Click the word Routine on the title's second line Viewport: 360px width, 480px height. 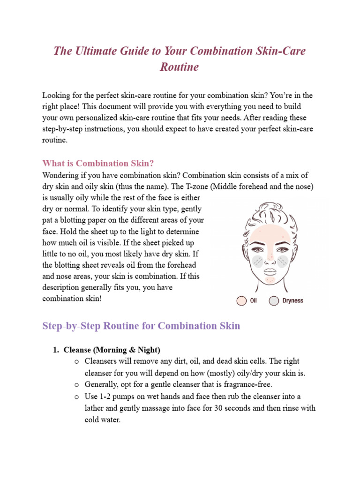coord(180,67)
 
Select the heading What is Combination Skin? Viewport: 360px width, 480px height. coord(98,164)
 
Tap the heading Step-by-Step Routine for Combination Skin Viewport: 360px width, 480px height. coord(141,326)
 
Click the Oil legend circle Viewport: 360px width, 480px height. coord(242,300)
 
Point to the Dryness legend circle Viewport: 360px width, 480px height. coord(274,300)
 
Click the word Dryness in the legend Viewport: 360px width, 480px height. coord(292,300)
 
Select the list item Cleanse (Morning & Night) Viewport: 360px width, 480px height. coord(112,350)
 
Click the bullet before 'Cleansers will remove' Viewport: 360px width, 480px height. coord(76,361)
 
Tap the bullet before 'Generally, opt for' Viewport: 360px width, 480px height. coord(76,384)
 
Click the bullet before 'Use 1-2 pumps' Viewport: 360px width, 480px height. coord(76,397)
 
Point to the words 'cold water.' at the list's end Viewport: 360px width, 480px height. coord(103,420)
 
